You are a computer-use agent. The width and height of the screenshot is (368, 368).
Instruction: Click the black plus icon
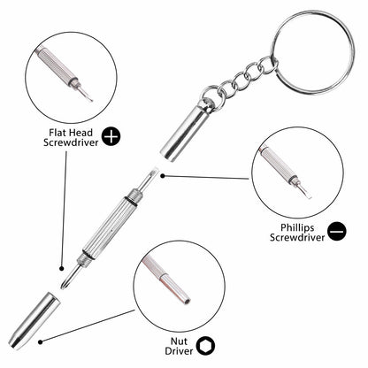pyautogui.click(x=111, y=135)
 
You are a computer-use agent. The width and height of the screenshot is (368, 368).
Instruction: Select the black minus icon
pyautogui.click(x=336, y=231)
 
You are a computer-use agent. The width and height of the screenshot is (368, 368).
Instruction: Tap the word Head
pyautogui.click(x=80, y=130)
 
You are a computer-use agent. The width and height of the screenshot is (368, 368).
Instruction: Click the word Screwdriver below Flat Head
pyautogui.click(x=65, y=142)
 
